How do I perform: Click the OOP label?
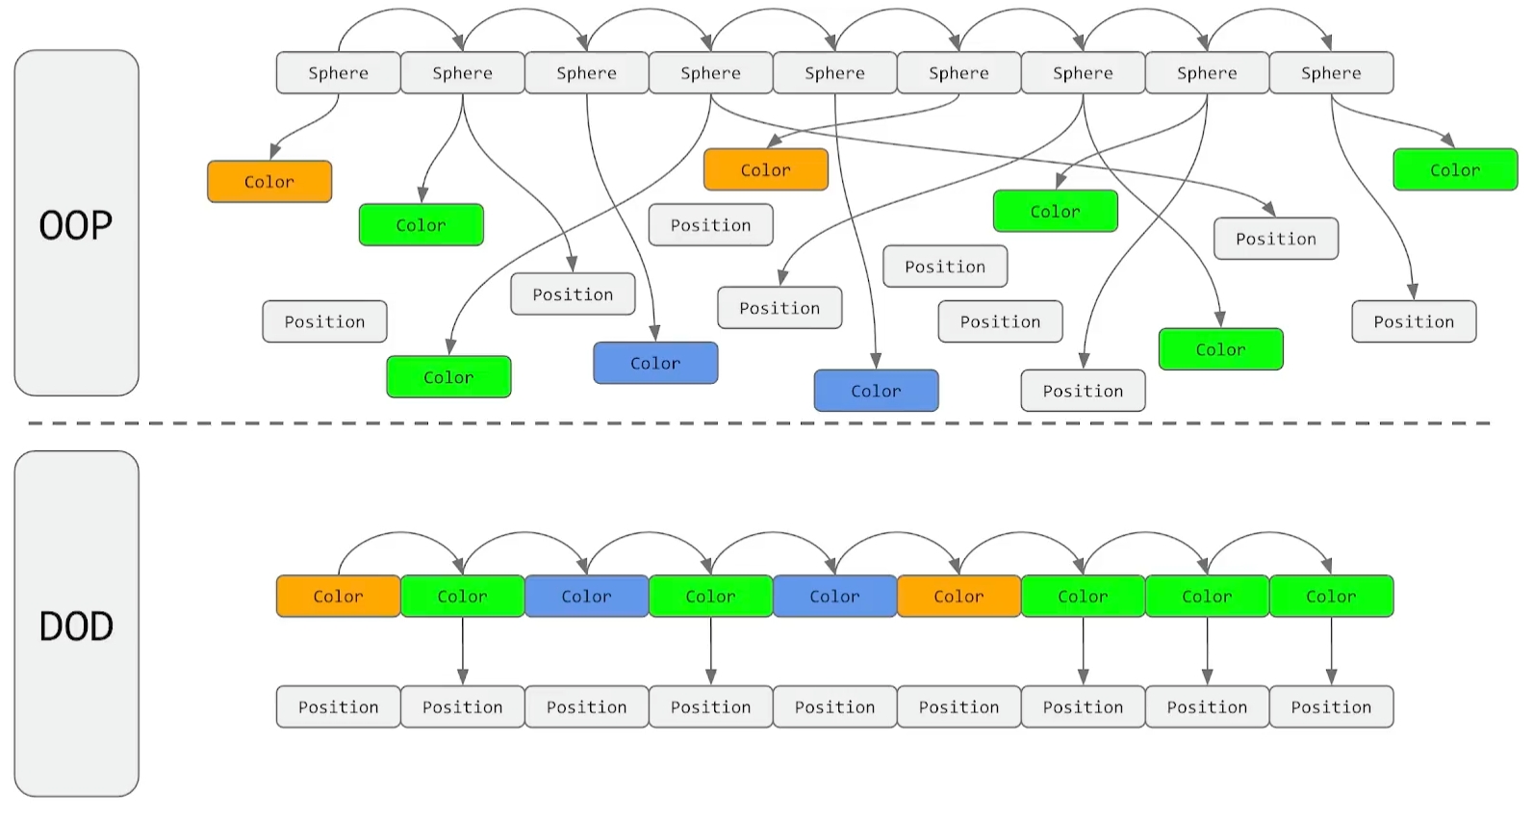point(76,224)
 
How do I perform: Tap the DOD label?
point(76,625)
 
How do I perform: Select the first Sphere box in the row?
point(338,73)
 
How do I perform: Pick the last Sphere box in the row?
point(1331,73)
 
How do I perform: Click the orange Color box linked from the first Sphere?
point(269,182)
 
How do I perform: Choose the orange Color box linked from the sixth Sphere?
point(765,170)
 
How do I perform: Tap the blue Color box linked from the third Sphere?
point(655,363)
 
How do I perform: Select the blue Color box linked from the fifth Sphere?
point(876,391)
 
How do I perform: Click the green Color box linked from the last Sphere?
point(1454,170)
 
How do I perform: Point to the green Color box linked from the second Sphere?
point(421,225)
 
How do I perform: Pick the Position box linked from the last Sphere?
point(1413,321)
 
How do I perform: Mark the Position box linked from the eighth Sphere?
point(1083,391)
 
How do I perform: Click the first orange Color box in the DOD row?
point(338,597)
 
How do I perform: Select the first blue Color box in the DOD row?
point(586,597)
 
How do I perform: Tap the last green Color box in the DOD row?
point(1331,597)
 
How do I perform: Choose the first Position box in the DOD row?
point(338,707)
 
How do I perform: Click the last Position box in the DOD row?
point(1331,707)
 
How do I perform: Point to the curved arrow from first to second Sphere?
point(400,12)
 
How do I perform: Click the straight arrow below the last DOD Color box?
point(1331,650)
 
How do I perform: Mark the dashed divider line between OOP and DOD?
point(760,423)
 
